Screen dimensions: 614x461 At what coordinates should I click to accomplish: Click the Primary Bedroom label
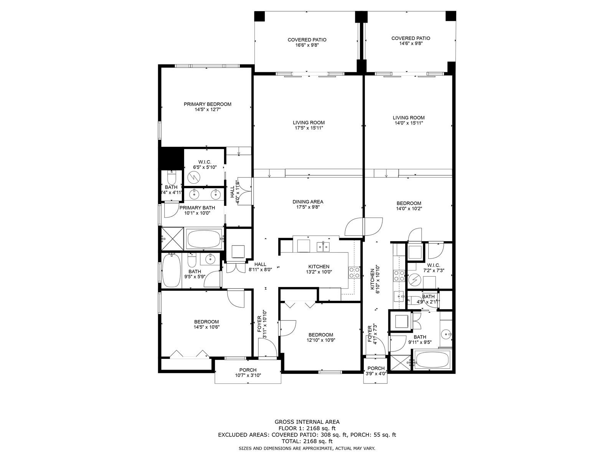(x=207, y=107)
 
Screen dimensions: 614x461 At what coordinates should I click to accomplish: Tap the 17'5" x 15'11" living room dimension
(x=309, y=128)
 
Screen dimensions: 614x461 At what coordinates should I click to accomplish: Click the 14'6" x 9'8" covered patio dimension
(x=410, y=43)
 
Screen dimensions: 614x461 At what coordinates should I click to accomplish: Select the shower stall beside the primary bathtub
(x=172, y=239)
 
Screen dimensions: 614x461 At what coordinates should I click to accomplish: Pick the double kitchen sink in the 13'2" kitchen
(x=324, y=247)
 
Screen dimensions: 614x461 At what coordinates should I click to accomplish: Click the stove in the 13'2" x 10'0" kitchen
(x=354, y=273)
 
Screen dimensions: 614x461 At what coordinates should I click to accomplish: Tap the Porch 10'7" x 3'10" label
(x=248, y=373)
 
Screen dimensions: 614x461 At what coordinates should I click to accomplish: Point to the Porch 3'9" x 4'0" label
(x=376, y=371)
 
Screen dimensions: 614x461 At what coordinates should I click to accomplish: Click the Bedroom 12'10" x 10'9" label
(x=320, y=338)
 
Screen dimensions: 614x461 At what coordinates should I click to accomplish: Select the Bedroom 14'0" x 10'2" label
(x=409, y=206)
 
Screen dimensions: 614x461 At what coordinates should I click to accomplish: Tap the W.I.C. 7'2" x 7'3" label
(x=434, y=268)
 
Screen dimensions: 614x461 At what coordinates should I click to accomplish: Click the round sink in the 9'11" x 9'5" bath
(x=446, y=334)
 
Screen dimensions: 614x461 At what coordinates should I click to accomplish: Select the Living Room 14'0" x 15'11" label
(x=408, y=120)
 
